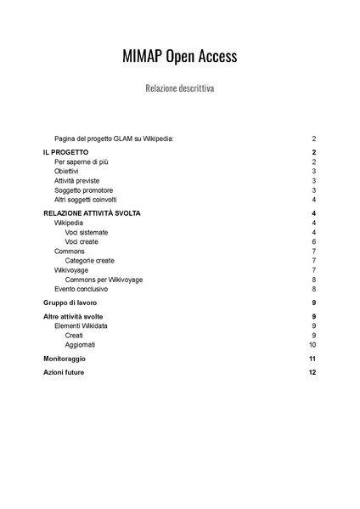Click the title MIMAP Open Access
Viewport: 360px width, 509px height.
point(179,57)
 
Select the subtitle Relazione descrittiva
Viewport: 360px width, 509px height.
point(179,88)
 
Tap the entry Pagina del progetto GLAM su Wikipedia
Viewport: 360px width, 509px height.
point(114,138)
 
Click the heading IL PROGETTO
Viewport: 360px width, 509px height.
point(65,152)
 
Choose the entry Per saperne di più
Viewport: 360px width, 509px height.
point(82,161)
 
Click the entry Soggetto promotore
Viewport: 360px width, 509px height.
point(83,190)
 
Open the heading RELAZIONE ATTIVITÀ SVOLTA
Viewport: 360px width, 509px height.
point(92,213)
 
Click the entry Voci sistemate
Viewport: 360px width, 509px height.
point(87,232)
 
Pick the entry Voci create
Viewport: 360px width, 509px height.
point(82,241)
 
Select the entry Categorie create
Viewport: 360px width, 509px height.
point(89,261)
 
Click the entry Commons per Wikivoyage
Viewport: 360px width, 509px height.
point(104,280)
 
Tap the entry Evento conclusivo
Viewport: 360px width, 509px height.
point(82,289)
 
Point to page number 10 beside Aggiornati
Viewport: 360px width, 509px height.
point(312,344)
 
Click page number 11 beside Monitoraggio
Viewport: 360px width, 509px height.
point(312,359)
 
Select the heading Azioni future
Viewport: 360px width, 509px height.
point(64,372)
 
